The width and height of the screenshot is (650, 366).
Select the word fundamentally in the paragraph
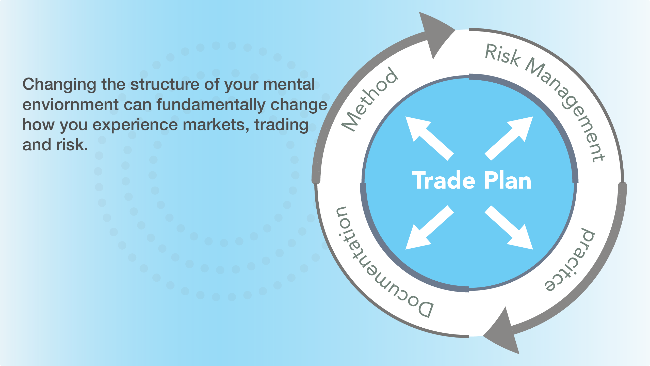click(211, 105)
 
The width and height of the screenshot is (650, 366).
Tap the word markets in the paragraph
click(216, 125)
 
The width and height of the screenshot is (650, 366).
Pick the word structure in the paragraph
click(165, 85)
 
